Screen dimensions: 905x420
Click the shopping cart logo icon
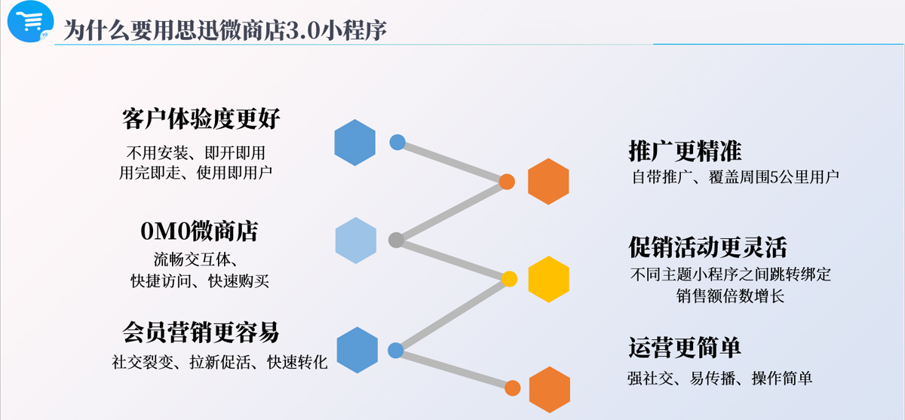[x=31, y=21]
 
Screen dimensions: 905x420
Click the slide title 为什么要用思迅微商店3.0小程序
[x=225, y=30]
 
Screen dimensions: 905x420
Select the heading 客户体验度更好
[x=201, y=118]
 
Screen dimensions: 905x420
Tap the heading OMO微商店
[x=199, y=231]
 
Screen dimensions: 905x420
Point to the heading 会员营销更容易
[x=201, y=332]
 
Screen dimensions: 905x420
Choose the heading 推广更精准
[x=686, y=151]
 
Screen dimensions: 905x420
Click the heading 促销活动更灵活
[x=708, y=247]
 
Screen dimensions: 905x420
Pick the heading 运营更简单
[x=685, y=348]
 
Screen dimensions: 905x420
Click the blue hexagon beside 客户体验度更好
[x=354, y=143]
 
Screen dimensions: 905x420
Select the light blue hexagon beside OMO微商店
[x=355, y=241]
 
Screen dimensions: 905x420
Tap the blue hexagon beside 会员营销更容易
[x=357, y=350]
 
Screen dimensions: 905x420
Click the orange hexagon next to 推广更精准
[x=548, y=182]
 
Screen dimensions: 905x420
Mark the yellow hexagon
[x=549, y=280]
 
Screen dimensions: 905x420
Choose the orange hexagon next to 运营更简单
[x=550, y=390]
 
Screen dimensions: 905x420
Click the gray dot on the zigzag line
[x=397, y=240]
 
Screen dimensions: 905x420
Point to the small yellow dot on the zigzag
[x=509, y=279]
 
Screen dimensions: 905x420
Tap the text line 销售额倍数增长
[x=730, y=296]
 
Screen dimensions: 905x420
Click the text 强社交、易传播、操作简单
[x=719, y=379]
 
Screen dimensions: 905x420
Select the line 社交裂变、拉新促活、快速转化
[x=219, y=362]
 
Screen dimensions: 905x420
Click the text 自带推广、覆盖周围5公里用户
[x=736, y=177]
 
